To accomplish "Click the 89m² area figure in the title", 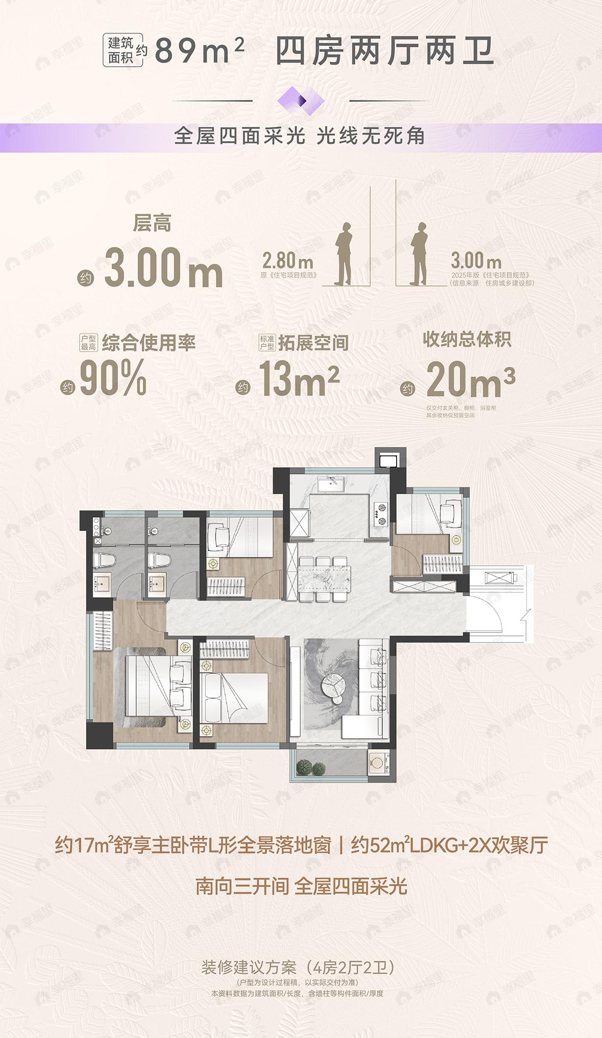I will [x=199, y=51].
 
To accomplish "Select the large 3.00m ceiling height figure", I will [x=163, y=268].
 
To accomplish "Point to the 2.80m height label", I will [x=287, y=261].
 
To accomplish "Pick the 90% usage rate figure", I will [x=113, y=378].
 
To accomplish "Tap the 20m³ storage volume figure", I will [x=470, y=379].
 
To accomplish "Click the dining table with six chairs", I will [x=324, y=574].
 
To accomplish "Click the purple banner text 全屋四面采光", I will [x=240, y=137].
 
